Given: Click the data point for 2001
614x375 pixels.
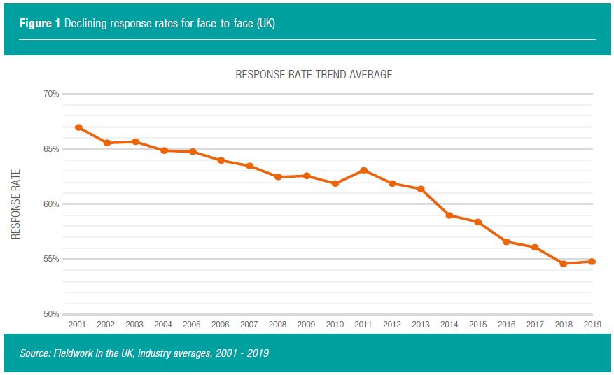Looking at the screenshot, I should click(78, 127).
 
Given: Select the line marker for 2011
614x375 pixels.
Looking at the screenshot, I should click(363, 170).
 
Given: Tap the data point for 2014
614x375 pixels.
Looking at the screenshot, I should click(449, 215).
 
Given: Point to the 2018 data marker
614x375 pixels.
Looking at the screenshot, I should click(563, 264).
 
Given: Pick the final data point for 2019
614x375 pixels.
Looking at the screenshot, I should click(592, 262).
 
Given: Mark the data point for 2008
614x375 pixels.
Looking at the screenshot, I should click(278, 177).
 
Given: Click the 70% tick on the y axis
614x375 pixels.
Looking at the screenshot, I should click(51, 94).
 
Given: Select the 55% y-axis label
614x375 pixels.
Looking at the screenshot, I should click(51, 260).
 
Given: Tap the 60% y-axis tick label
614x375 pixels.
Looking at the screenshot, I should click(51, 204).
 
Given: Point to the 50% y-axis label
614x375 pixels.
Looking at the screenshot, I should click(51, 315).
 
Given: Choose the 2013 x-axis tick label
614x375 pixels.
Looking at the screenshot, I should click(420, 325).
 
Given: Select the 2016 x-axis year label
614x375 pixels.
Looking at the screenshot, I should click(506, 325).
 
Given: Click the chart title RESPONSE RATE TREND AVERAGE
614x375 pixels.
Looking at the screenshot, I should click(314, 74).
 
